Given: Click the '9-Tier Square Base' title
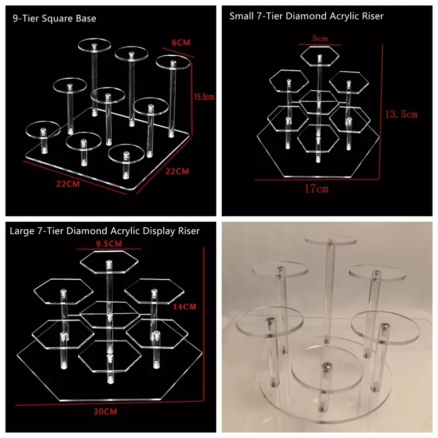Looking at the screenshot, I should (x=54, y=19).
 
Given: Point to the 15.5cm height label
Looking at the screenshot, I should (x=203, y=97).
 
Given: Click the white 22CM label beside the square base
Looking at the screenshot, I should (x=177, y=171).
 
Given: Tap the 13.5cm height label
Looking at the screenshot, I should (x=402, y=114).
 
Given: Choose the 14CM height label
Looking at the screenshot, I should (x=185, y=307).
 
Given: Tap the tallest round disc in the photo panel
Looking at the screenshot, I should (x=330, y=241).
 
